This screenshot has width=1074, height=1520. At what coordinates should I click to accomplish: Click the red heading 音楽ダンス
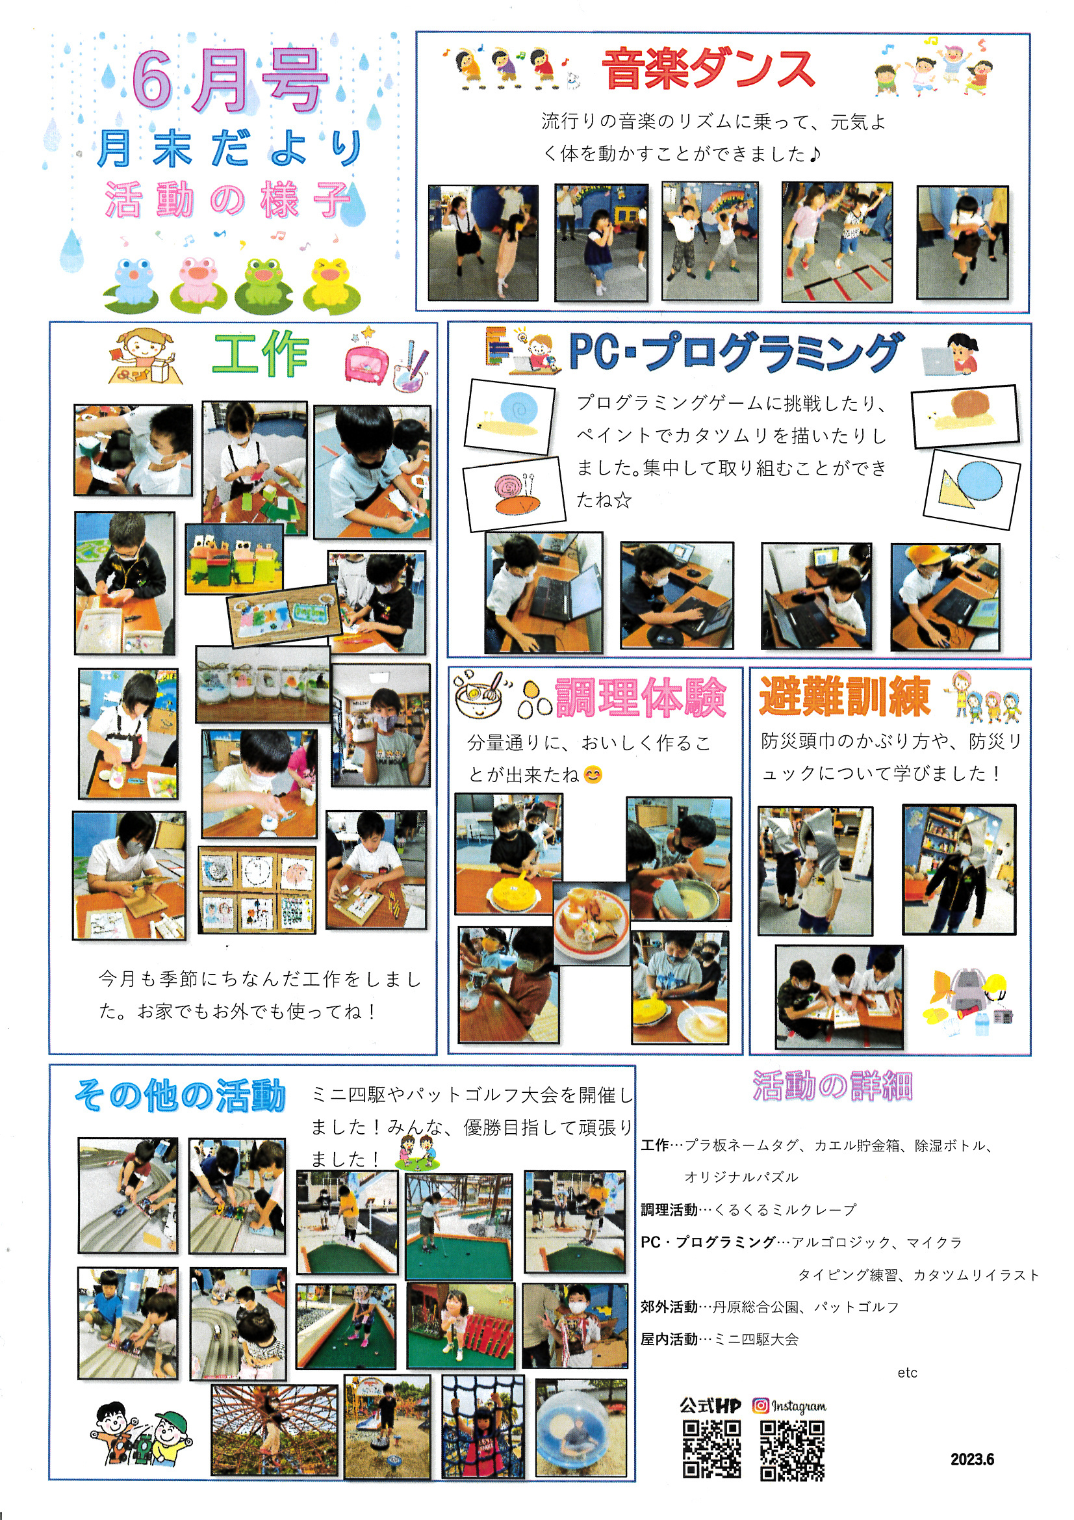coord(708,69)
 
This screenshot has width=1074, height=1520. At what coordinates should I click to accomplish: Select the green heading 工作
coord(260,355)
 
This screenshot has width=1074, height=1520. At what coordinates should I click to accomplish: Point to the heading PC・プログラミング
coord(736,351)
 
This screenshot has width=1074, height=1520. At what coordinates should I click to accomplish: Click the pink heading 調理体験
coord(641,697)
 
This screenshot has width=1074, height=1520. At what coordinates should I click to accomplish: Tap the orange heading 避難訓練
coord(845,696)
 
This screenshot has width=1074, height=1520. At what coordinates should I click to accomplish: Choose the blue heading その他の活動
coord(180,1095)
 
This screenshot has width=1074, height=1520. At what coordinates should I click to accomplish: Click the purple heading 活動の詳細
coord(832,1086)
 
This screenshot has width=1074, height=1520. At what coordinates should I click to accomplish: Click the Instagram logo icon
coord(761,1405)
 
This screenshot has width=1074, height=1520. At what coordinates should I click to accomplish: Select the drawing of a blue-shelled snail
coord(510,417)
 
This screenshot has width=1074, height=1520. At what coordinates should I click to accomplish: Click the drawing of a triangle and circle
coord(971,489)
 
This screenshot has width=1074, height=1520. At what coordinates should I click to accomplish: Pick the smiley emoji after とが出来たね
coord(594,774)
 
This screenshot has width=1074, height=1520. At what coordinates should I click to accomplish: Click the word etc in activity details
coord(907,1372)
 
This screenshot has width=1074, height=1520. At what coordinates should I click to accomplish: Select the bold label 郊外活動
coord(669,1306)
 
